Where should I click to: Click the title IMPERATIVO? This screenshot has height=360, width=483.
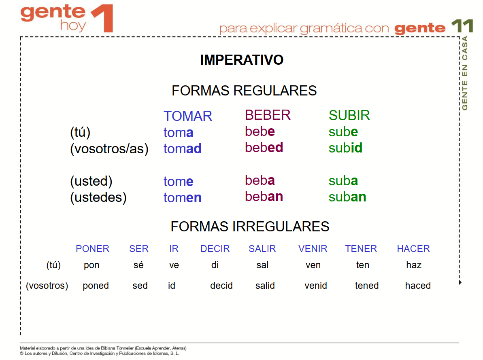(242, 60)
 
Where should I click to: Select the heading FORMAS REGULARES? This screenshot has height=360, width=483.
(244, 91)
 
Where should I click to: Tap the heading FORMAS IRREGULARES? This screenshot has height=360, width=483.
(250, 227)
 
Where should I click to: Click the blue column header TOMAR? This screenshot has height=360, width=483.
(187, 116)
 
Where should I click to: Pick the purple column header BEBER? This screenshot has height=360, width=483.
(267, 115)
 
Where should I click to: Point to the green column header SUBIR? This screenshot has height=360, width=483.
(349, 115)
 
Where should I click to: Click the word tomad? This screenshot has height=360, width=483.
(182, 148)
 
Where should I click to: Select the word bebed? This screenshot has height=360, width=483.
(264, 147)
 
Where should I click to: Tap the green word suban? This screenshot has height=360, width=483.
(347, 197)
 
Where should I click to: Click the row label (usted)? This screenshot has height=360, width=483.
(91, 181)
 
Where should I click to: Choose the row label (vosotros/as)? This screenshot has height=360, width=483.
(109, 148)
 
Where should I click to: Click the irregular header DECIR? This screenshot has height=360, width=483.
(215, 249)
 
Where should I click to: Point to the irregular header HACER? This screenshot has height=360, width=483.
(413, 249)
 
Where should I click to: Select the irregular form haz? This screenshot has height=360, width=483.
(414, 265)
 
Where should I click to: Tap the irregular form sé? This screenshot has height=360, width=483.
(138, 265)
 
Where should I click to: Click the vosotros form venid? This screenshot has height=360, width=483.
(316, 286)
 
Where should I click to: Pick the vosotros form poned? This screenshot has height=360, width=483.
(96, 286)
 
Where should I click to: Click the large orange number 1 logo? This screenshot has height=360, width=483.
(104, 18)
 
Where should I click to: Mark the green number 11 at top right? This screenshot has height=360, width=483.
(462, 26)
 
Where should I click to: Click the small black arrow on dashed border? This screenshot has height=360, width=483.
(460, 282)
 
